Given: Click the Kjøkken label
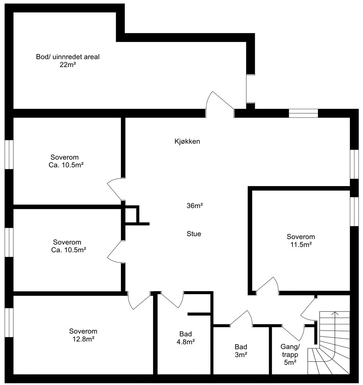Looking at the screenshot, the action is [x=187, y=142].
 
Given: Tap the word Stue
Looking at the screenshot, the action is [x=194, y=234].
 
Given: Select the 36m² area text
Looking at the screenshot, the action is [x=195, y=206].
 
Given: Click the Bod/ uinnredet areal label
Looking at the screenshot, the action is [x=68, y=57].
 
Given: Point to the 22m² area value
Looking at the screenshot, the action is [x=68, y=65].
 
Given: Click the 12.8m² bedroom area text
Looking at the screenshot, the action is [x=84, y=339].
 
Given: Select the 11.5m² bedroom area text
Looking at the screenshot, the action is [x=301, y=245].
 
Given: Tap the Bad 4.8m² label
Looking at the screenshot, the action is [x=186, y=338].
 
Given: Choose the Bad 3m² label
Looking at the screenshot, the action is [x=241, y=351].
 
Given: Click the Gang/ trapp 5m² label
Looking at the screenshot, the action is [x=290, y=354].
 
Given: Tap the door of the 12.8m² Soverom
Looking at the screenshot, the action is [x=139, y=300].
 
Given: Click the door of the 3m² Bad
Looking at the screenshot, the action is [x=241, y=318].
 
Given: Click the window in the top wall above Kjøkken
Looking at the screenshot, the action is [x=303, y=113].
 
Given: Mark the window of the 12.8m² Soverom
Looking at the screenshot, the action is [x=9, y=322].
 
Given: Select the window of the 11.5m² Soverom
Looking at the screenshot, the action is [x=354, y=211].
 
